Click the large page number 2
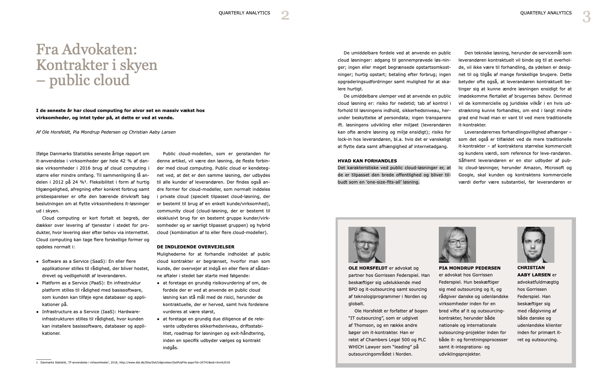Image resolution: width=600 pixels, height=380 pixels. (x=285, y=16)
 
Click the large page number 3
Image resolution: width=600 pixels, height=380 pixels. (x=586, y=17)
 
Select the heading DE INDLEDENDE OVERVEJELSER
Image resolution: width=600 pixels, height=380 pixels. (x=196, y=247)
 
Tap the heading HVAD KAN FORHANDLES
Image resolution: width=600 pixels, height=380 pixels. (x=367, y=160)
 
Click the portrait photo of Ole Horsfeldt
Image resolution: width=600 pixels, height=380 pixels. (x=367, y=244)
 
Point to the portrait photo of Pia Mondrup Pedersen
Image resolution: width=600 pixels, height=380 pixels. (x=457, y=244)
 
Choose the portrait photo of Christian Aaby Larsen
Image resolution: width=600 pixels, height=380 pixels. (x=536, y=244)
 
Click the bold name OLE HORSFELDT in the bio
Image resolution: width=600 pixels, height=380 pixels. (x=368, y=268)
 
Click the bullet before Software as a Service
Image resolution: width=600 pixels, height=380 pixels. (x=38, y=262)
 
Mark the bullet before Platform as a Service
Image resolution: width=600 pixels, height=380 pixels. (x=38, y=283)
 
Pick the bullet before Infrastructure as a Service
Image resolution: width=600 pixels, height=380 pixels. (x=38, y=312)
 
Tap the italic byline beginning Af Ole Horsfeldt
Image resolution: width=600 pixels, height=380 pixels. (x=106, y=132)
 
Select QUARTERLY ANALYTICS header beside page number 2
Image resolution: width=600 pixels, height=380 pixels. (x=244, y=13)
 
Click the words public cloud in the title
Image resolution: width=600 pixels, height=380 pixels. (x=89, y=80)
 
